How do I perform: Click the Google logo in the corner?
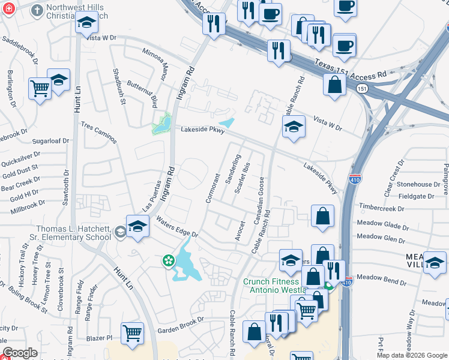point(20,353)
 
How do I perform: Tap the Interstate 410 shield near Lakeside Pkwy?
point(354,179)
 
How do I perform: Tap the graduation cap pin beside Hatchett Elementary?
point(137,227)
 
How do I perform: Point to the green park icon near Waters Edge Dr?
point(169,260)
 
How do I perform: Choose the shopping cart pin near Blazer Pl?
point(131,333)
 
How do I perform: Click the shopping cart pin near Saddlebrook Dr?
point(40,89)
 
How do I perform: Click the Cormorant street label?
point(212,188)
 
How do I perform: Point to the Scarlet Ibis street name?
point(242,178)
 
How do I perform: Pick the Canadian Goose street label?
point(260,200)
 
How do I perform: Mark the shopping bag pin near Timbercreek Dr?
point(322,217)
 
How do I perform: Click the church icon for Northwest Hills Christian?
point(37,10)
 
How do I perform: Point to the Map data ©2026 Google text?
point(411,355)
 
